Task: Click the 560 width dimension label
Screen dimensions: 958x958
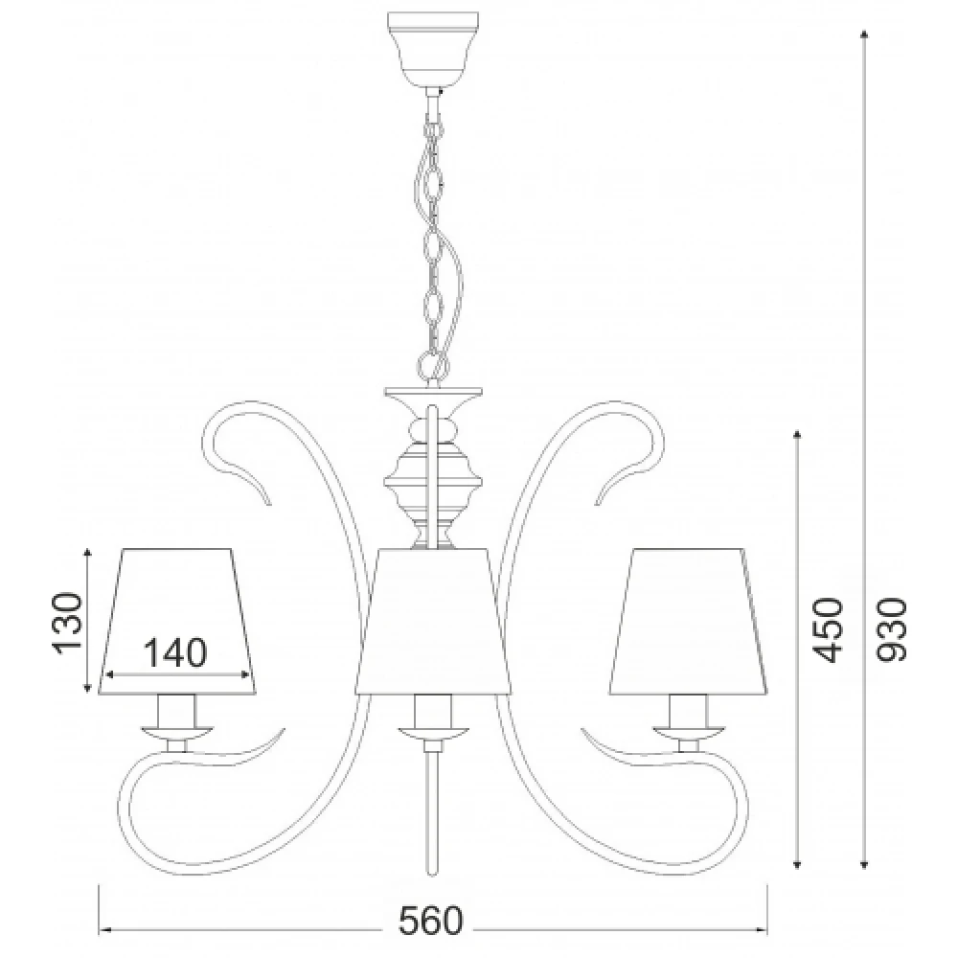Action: tap(431, 922)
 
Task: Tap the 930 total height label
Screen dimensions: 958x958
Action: tap(891, 630)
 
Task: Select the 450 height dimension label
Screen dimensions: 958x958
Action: tap(828, 630)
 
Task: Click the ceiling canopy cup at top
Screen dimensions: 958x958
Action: tap(433, 48)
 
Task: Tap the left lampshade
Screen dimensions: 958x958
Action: tap(177, 622)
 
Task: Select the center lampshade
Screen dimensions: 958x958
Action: tap(433, 622)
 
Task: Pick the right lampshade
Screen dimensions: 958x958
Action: tap(689, 622)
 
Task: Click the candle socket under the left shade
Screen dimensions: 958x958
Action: tap(177, 711)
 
